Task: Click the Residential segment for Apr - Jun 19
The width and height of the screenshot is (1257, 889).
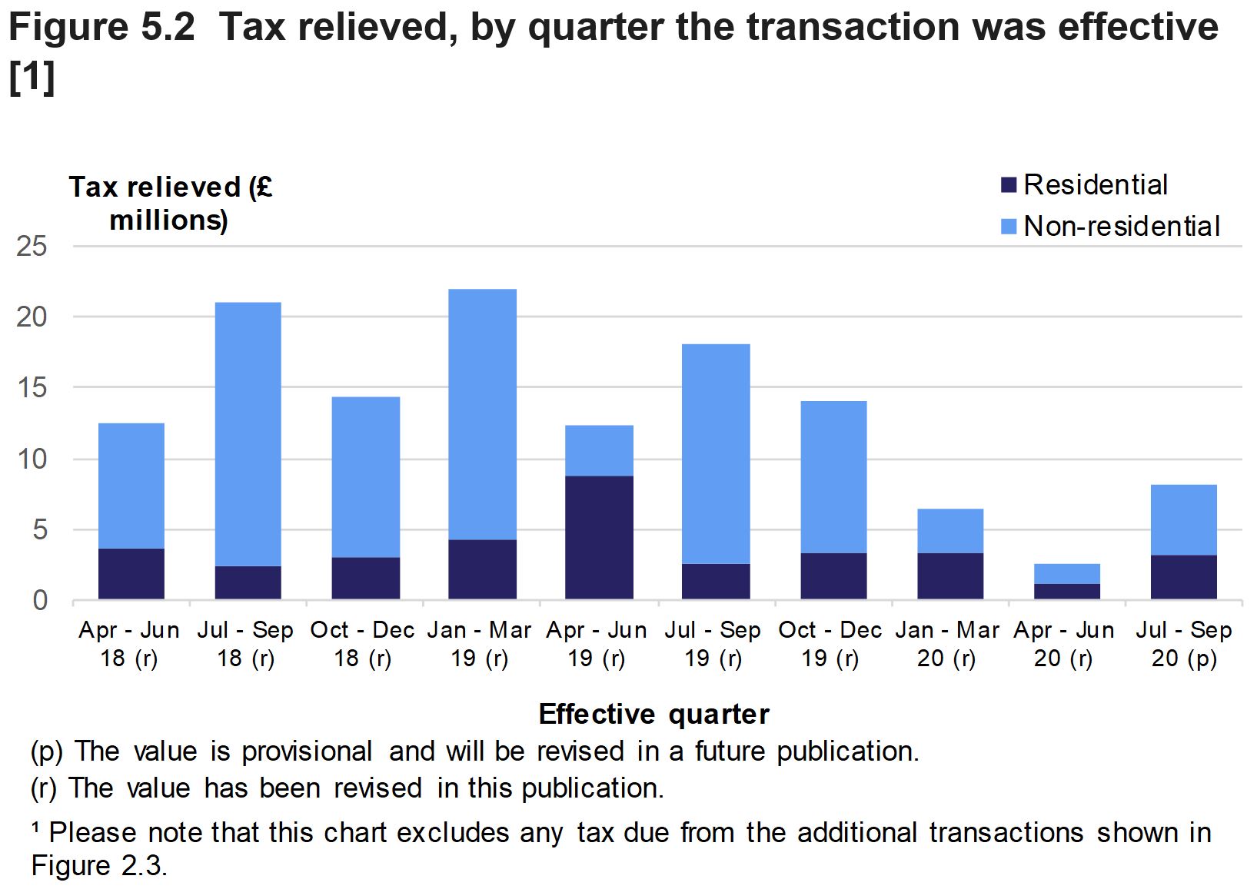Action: [x=599, y=537]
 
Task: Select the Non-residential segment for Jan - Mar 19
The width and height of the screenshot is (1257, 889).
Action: [x=482, y=414]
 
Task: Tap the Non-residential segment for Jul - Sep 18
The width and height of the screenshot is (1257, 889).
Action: [x=248, y=434]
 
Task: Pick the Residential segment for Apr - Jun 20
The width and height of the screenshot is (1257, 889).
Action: [x=1066, y=591]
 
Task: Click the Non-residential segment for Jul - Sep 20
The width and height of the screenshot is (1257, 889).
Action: [x=1183, y=519]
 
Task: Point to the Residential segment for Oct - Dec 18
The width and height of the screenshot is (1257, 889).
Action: [x=365, y=578]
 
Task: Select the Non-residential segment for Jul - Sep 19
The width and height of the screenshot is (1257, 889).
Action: [x=715, y=453]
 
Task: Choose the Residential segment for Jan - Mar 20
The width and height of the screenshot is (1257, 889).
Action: [x=949, y=576]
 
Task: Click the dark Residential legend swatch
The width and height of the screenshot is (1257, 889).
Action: [x=1008, y=185]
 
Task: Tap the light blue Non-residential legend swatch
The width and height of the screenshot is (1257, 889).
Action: [x=1008, y=227]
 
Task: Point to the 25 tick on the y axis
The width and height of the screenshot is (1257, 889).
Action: [x=32, y=247]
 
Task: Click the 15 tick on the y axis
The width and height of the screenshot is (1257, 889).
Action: [x=32, y=388]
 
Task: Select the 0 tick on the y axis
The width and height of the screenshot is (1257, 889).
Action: [x=39, y=600]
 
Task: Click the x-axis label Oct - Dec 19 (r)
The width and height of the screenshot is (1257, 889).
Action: [x=830, y=644]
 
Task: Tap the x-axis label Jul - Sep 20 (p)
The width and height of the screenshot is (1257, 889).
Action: [x=1183, y=644]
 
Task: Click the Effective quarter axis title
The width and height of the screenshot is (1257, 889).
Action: [x=653, y=715]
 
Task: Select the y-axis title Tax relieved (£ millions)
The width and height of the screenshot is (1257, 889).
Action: [x=170, y=204]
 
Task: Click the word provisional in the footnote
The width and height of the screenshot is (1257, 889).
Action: [x=307, y=751]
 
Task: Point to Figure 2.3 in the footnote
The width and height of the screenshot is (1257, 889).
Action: [x=98, y=866]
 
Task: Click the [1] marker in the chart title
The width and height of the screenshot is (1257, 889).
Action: [x=32, y=79]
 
